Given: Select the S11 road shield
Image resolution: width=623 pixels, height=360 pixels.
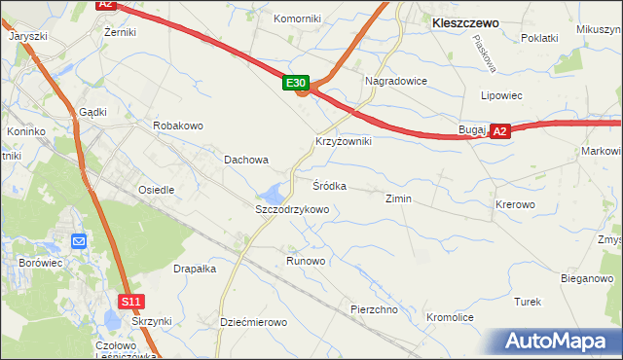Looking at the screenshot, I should pos(132,302).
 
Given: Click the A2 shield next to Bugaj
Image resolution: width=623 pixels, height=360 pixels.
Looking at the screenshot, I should pos(499,130).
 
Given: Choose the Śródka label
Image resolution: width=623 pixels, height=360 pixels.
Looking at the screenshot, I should pos(329,185).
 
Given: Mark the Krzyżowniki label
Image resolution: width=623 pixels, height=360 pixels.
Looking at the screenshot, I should pos(343,141).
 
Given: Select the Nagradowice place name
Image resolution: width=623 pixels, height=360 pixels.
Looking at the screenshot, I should pos(395,81).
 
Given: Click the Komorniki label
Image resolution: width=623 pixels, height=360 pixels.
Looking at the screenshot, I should pos(297,18).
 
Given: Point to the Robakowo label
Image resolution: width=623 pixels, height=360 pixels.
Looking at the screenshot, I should pos(177,126).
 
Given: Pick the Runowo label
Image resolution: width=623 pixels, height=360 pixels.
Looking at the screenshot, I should pos(306,261).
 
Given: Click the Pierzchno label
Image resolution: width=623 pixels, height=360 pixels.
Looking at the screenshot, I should pos(375,309).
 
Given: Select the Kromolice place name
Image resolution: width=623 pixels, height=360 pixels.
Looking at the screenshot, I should pos(450,317).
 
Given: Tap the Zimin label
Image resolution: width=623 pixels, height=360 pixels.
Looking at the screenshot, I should pos(398,198).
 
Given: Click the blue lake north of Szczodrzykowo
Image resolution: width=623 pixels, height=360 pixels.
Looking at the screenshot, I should pos(277,190).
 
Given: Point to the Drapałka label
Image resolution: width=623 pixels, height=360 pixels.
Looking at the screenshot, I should pos(194,269).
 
